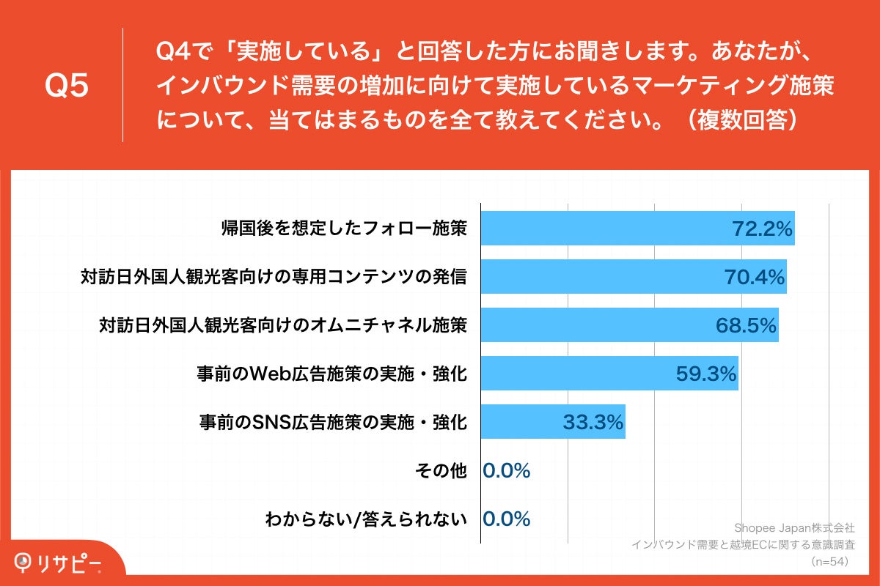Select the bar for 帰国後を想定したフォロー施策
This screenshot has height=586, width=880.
(x=601, y=229)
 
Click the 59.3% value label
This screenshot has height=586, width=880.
(x=705, y=374)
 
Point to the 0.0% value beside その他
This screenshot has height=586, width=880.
(x=507, y=471)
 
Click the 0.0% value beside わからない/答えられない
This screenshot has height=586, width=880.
(x=507, y=519)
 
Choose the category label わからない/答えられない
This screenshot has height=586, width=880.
(x=366, y=519)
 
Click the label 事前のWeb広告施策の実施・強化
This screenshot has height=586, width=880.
(x=331, y=374)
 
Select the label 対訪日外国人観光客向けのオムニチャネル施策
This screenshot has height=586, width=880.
(x=283, y=325)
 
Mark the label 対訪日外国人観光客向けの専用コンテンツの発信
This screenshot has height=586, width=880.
(x=274, y=278)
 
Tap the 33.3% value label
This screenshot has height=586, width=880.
(x=593, y=422)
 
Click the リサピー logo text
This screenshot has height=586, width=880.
(x=70, y=563)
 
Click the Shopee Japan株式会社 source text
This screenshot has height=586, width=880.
(x=794, y=527)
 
